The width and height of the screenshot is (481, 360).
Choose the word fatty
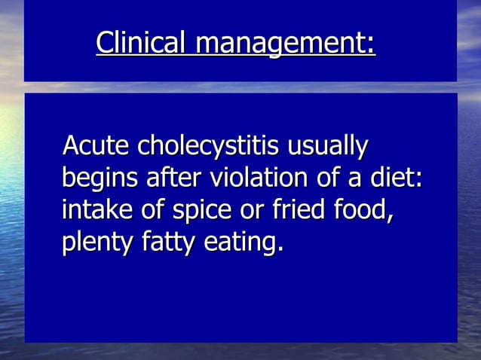point(173,244)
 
